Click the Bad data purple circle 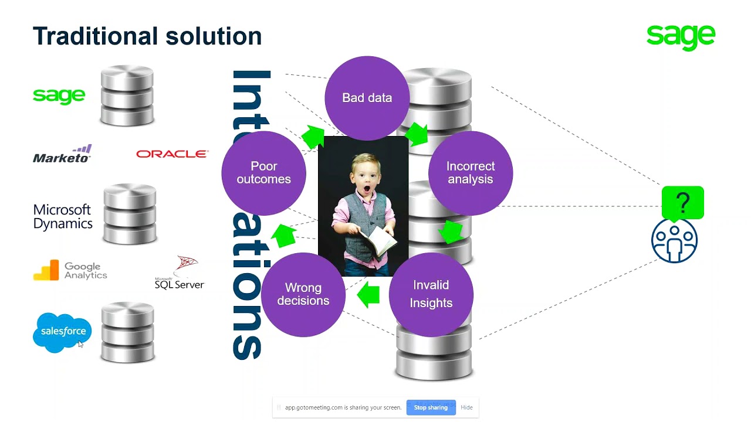pyautogui.click(x=367, y=98)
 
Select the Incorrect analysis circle pyautogui.click(x=471, y=173)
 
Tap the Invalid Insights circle pyautogui.click(x=431, y=294)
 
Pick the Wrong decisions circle pyautogui.click(x=303, y=294)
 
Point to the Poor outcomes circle pyautogui.click(x=263, y=173)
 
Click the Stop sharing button pyautogui.click(x=431, y=407)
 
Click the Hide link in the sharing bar pyautogui.click(x=466, y=407)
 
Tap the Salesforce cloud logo pyautogui.click(x=63, y=332)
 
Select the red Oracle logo pyautogui.click(x=172, y=154)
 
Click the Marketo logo pyautogui.click(x=62, y=154)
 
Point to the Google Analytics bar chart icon pyautogui.click(x=46, y=270)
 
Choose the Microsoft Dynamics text pyautogui.click(x=63, y=217)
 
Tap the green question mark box pyautogui.click(x=682, y=202)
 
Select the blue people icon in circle pyautogui.click(x=674, y=240)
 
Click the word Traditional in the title pyautogui.click(x=96, y=36)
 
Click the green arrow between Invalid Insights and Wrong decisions pyautogui.click(x=368, y=294)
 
